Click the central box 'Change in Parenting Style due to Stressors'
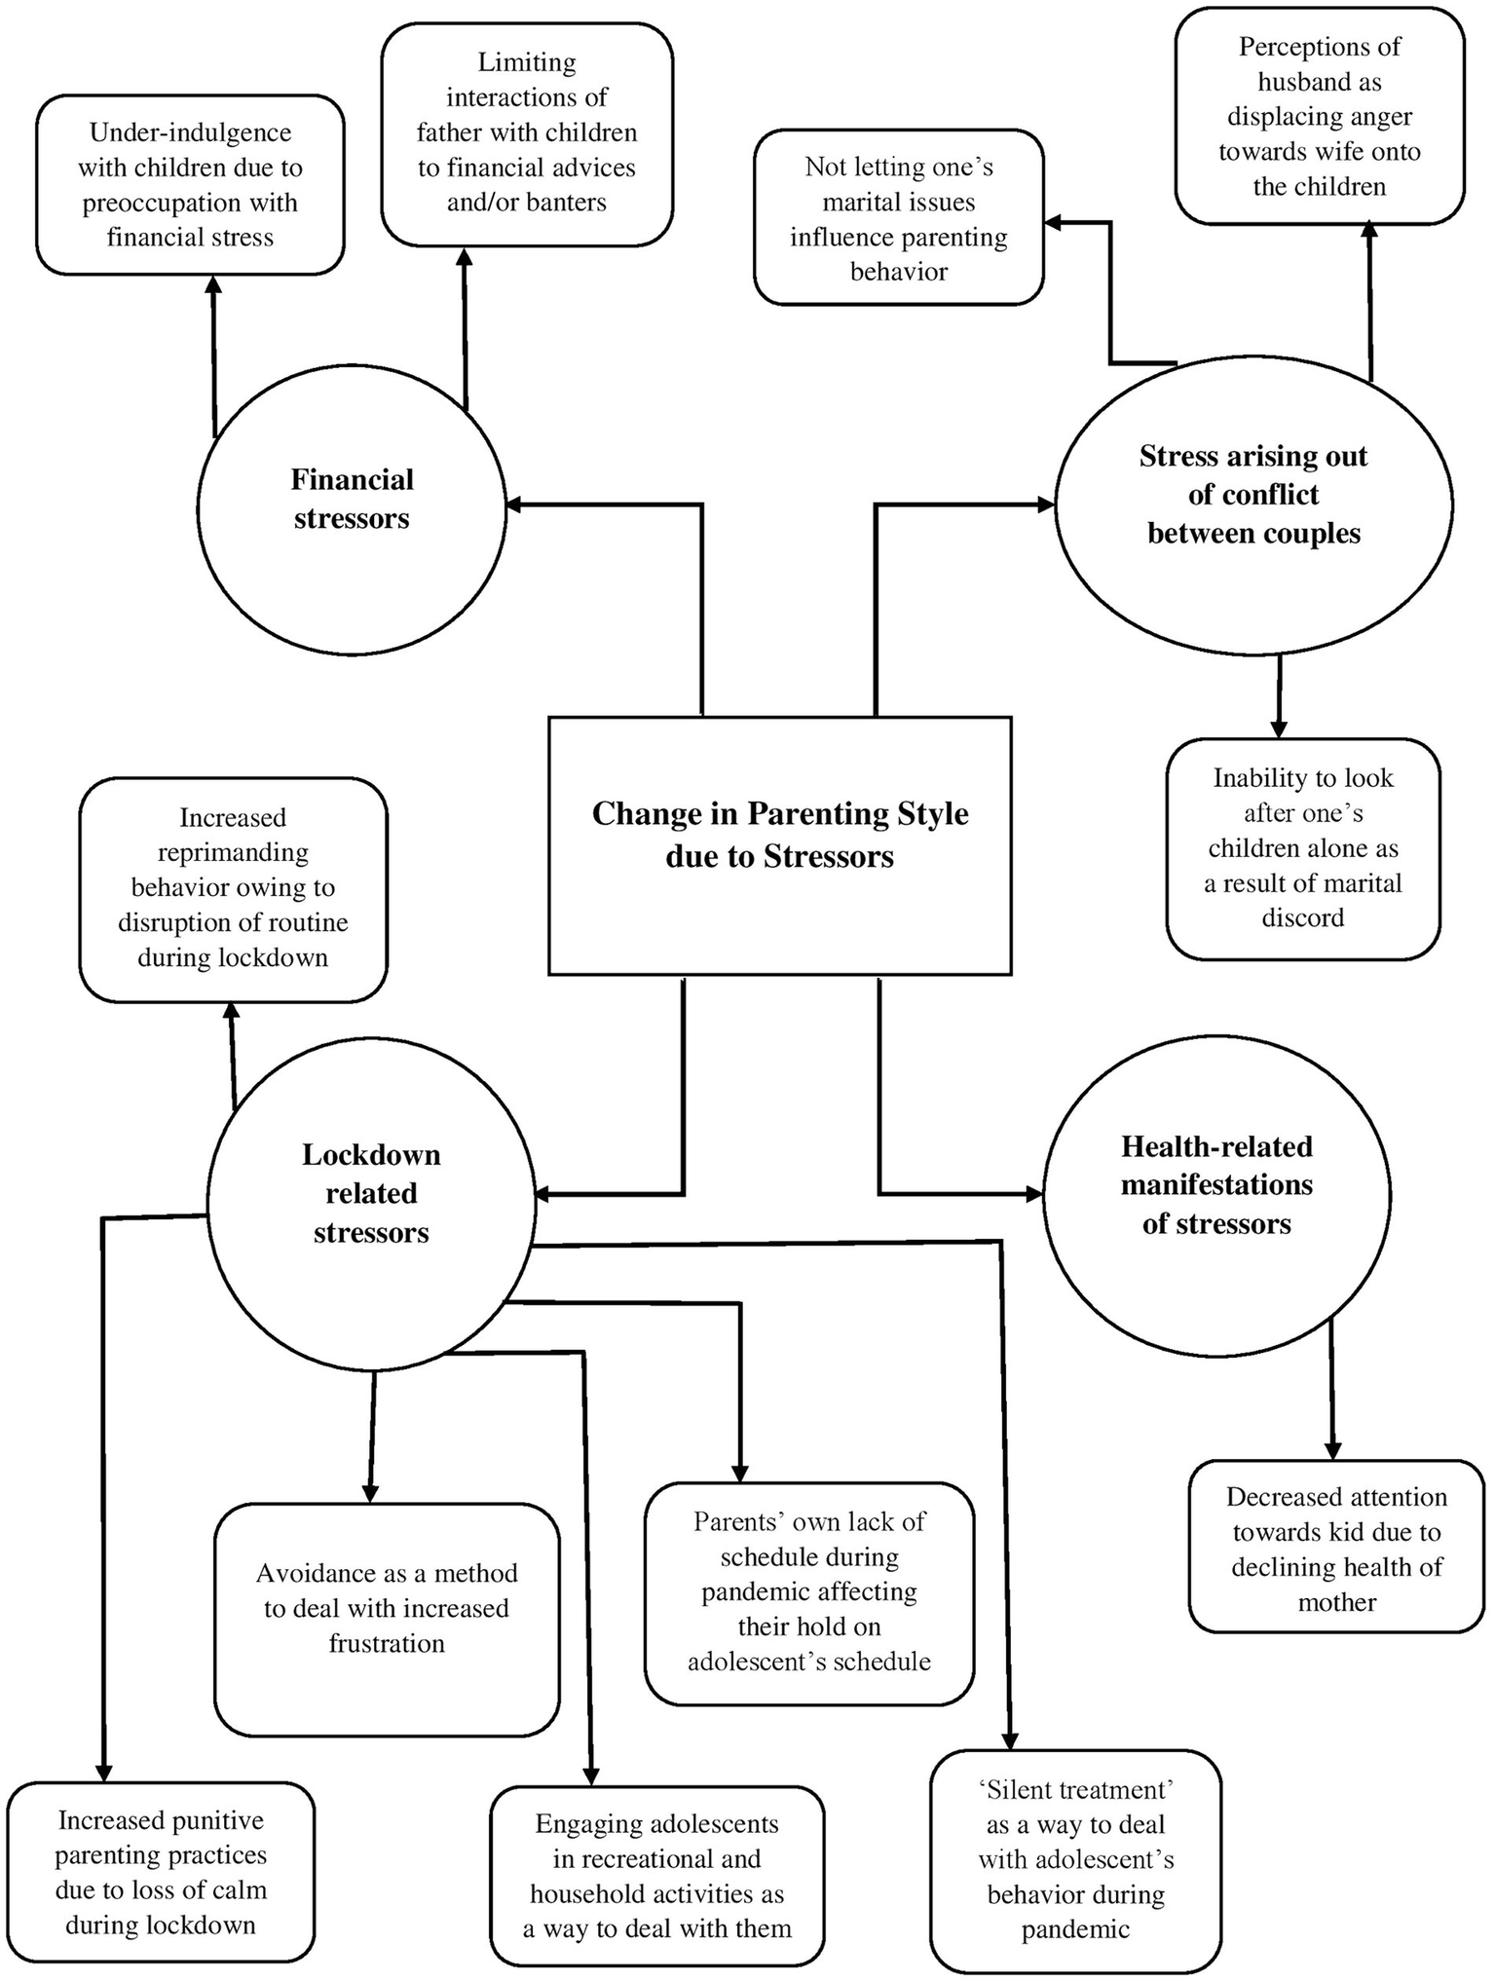click(x=779, y=845)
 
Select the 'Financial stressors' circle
click(x=352, y=508)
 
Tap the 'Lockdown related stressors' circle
click(x=371, y=1194)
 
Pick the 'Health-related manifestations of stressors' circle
click(x=1216, y=1194)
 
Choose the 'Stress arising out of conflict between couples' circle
click(x=1253, y=505)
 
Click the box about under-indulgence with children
click(x=190, y=185)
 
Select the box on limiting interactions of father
click(x=526, y=133)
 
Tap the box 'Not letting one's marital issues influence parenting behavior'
click(x=898, y=218)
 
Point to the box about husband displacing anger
click(x=1319, y=117)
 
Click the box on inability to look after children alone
click(x=1302, y=848)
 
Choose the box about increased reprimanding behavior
click(x=233, y=888)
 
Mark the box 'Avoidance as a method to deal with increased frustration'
click(x=387, y=1609)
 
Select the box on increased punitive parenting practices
click(x=161, y=1873)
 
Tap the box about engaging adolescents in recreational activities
click(x=656, y=1877)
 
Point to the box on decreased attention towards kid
click(x=1335, y=1550)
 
